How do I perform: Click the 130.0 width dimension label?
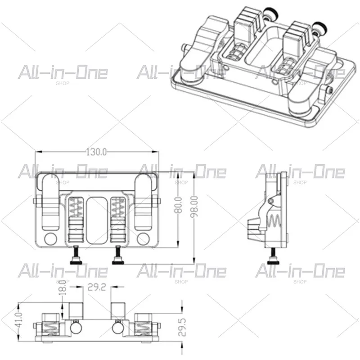[96, 152]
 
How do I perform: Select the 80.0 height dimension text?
[178, 205]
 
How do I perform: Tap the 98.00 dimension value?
[194, 207]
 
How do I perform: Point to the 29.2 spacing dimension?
[97, 287]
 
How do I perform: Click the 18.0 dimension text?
[63, 288]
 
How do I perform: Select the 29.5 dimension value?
[182, 327]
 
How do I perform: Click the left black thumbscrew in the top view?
[76, 255]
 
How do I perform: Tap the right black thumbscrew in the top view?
[118, 255]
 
